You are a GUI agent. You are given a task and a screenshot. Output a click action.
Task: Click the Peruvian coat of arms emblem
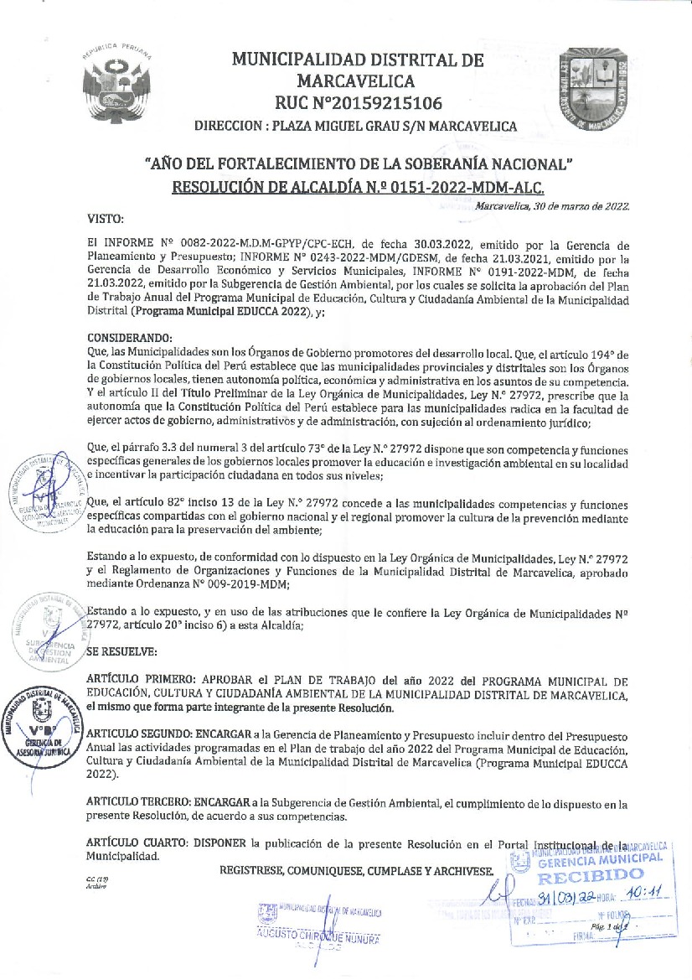[x=117, y=84]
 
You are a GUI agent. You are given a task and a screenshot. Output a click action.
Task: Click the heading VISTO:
[x=106, y=219]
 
